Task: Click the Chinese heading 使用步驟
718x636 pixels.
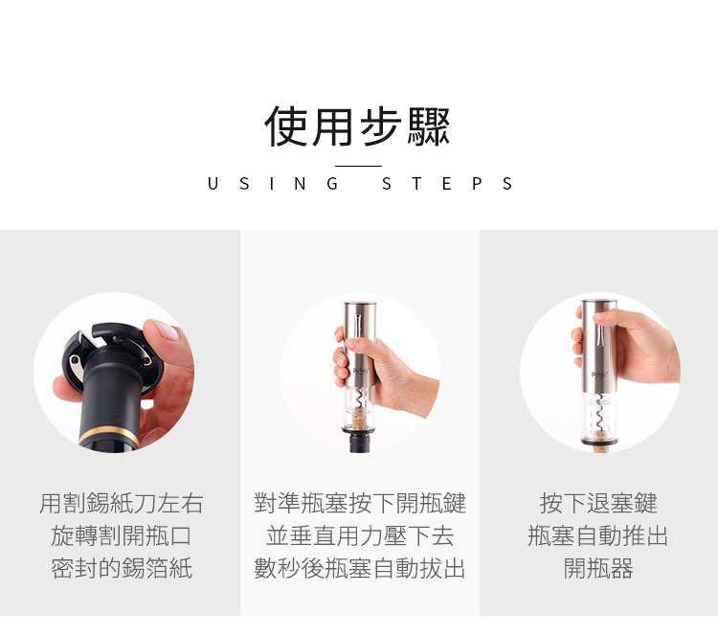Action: tap(358, 126)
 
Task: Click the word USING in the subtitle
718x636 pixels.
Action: tap(273, 184)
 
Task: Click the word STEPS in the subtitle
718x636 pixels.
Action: tap(447, 184)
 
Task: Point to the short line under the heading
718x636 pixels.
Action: tap(358, 166)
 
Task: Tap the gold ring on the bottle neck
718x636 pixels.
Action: tap(109, 435)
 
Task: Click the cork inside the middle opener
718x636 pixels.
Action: tap(359, 420)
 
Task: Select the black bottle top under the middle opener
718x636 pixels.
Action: tap(359, 442)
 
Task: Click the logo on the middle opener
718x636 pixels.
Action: tap(360, 370)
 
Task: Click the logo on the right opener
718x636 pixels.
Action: tap(599, 374)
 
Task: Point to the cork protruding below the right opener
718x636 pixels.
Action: tap(598, 448)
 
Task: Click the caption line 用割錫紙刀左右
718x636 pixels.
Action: tap(122, 503)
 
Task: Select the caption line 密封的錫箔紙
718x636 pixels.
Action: tap(122, 568)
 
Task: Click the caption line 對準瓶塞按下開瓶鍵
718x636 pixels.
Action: tap(360, 503)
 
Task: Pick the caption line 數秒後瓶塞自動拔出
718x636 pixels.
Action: tap(360, 568)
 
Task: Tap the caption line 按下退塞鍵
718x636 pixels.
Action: tap(598, 503)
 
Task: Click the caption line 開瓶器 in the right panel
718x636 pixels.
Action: tap(598, 568)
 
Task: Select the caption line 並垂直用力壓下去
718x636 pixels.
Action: tap(360, 535)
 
